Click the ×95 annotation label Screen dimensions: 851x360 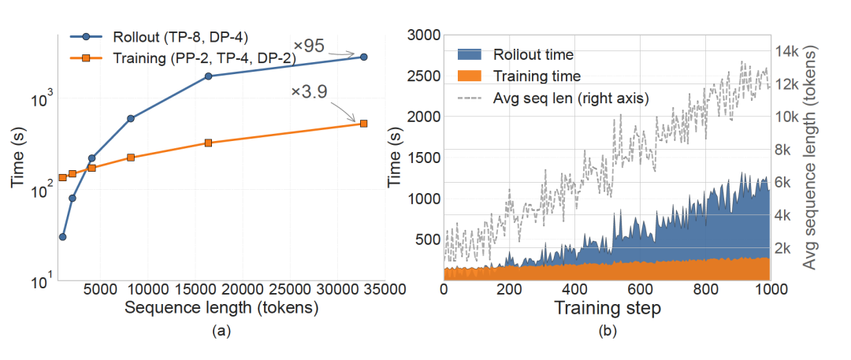pos(309,46)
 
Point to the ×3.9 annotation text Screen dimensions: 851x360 pos(310,91)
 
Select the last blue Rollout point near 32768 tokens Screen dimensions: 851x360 pos(363,57)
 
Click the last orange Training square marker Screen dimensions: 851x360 pos(363,123)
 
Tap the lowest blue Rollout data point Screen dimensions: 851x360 pos(62,237)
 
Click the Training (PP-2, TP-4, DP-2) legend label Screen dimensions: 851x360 pos(204,58)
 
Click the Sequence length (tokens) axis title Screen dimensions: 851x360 pos(221,309)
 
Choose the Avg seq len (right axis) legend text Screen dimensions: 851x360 pos(570,98)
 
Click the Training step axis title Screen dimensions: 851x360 pos(608,309)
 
